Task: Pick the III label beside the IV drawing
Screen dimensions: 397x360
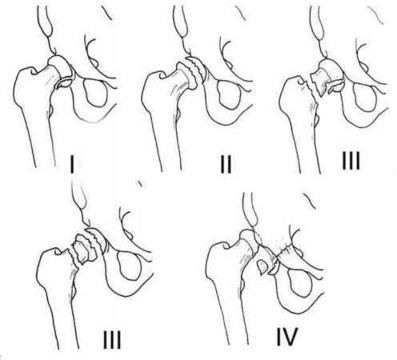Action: [112, 337]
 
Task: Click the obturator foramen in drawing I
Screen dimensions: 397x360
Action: [96, 91]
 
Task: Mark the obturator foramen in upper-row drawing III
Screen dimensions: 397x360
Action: [365, 96]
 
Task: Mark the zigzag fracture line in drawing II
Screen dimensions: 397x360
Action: [190, 69]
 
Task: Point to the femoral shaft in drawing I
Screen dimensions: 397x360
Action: [41, 133]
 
